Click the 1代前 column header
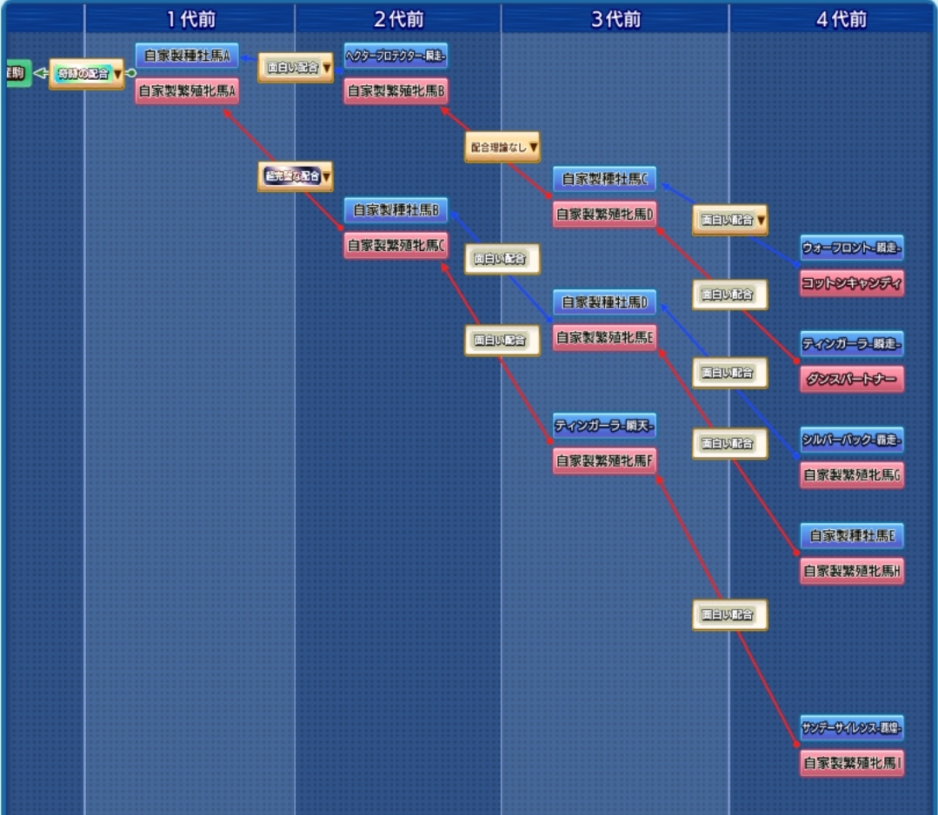point(190,19)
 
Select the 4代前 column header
point(842,19)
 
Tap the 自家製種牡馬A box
point(186,56)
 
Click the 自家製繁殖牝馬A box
point(186,90)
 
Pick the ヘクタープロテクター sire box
point(396,56)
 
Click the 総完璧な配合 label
point(295,176)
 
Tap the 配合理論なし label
point(502,148)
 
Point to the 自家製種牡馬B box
point(396,210)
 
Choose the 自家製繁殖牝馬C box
point(396,246)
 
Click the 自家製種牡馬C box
point(604,179)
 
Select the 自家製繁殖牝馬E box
point(604,337)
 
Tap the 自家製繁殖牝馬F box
point(604,461)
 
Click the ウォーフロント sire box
point(851,248)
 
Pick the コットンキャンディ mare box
point(851,282)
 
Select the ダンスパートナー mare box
point(851,379)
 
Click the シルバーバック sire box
point(851,440)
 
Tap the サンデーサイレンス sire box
point(851,727)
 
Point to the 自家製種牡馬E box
point(851,536)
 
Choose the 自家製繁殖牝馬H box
point(851,571)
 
